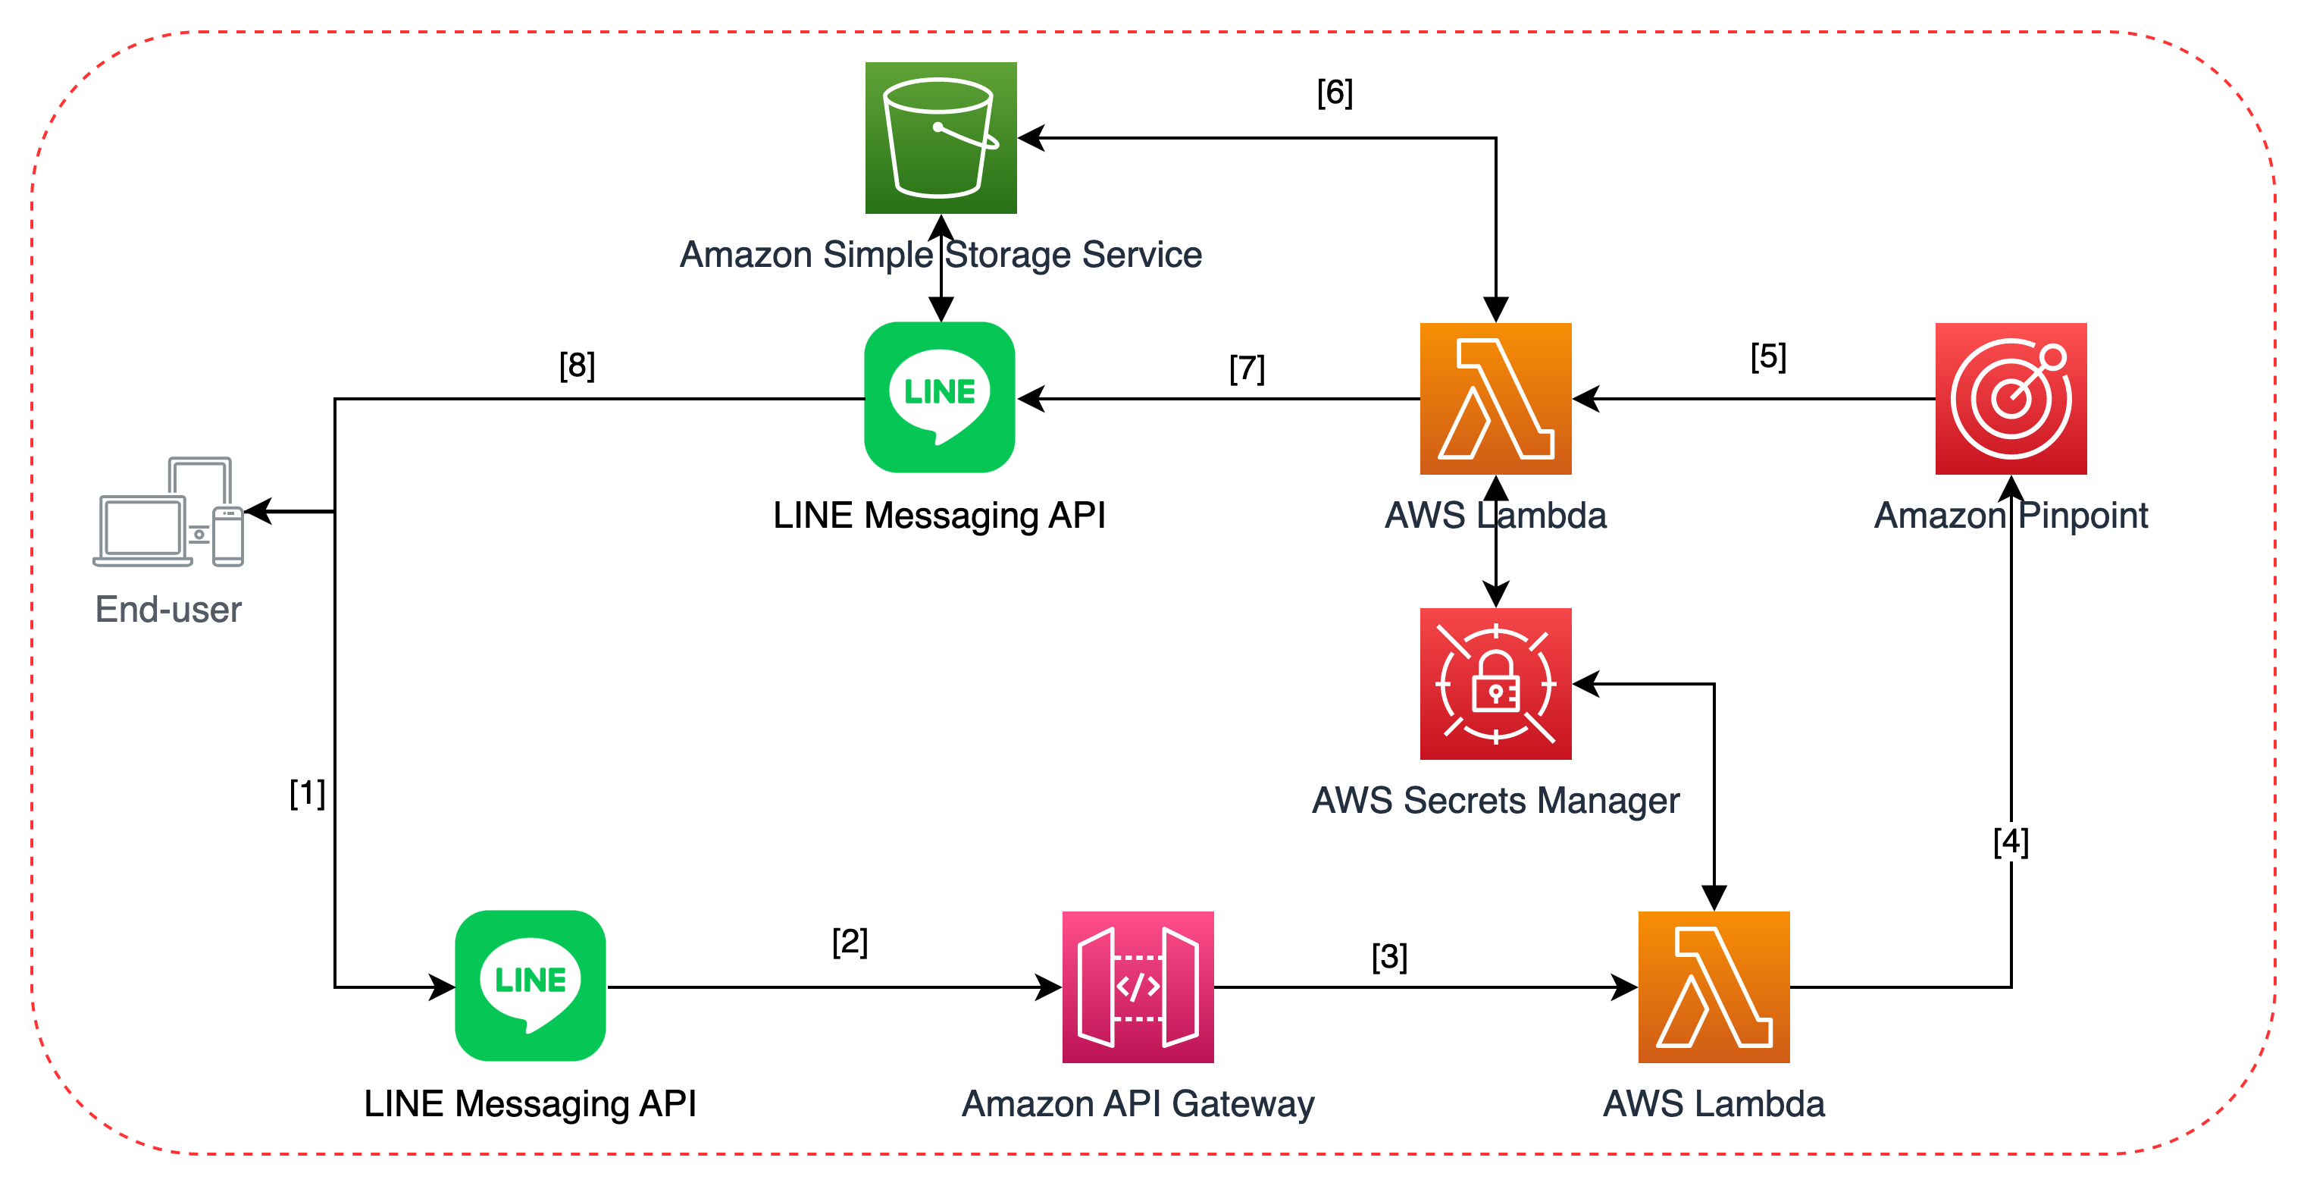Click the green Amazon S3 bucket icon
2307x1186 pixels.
[941, 137]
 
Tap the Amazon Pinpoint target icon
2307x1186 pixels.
[2011, 399]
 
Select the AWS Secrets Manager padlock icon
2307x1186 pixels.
[1495, 683]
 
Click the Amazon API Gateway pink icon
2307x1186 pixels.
[1138, 987]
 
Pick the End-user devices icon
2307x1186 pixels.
[168, 513]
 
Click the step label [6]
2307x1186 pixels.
[1335, 93]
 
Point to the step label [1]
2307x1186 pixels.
[307, 792]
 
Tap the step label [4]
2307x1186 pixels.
[2011, 841]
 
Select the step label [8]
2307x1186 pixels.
[577, 365]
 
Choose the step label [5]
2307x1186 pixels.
[1768, 356]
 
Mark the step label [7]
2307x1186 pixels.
[1247, 369]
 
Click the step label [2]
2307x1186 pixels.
[849, 940]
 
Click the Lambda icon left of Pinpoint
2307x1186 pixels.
[1495, 399]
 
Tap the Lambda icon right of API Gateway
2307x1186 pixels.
[1714, 987]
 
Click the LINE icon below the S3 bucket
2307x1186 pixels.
[940, 397]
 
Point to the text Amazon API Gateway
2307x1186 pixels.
[1138, 1103]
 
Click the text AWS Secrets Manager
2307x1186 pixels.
[1495, 800]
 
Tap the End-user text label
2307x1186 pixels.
[168, 609]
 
